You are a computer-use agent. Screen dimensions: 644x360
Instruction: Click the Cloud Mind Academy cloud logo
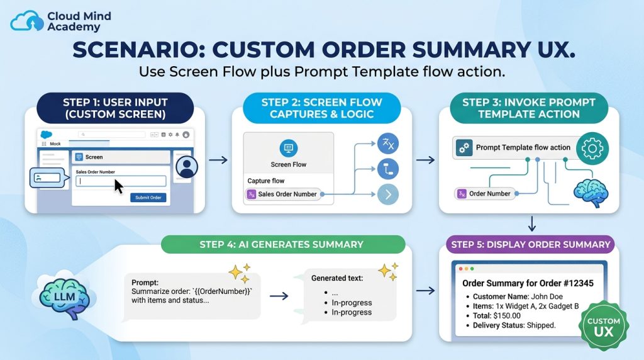(26, 21)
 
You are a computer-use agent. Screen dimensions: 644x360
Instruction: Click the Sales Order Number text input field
(121, 181)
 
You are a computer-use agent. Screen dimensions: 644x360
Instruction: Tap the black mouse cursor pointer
(119, 186)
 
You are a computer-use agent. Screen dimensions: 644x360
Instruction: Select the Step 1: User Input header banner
(115, 108)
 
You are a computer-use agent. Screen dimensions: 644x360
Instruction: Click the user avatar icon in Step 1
(187, 167)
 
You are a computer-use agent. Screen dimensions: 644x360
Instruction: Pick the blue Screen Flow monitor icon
(288, 148)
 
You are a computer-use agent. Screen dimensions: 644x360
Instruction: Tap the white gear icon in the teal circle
(592, 149)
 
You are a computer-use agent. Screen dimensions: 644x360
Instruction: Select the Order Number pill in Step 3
(485, 194)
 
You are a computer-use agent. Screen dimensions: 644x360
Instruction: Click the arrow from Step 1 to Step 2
(218, 160)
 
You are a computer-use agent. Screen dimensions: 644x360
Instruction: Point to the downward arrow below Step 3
(532, 223)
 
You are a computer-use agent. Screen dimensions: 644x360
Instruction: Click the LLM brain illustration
(65, 295)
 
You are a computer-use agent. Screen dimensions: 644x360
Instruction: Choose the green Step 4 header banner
(283, 245)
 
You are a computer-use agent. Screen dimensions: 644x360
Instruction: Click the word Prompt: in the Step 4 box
(145, 283)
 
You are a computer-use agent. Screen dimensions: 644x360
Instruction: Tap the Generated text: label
(337, 278)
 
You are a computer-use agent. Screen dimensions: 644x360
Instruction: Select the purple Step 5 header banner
(530, 245)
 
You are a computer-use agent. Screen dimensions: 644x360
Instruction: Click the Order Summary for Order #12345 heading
(528, 283)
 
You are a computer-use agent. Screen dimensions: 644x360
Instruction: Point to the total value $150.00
(507, 315)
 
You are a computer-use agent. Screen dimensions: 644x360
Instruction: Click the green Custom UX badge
(603, 326)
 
